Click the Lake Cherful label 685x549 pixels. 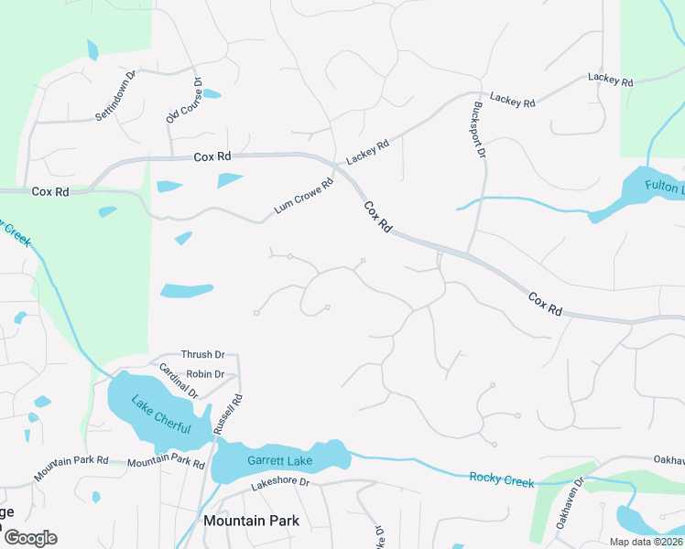pos(160,415)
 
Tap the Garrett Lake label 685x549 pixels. pos(279,461)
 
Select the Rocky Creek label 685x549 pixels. pos(501,479)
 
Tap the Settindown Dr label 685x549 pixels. pos(115,96)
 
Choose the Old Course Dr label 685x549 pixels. pos(184,100)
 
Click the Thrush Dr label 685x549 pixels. pos(202,355)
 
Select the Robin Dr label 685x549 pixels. pos(204,374)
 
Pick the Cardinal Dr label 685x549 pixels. pos(179,382)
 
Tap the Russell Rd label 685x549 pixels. pos(227,414)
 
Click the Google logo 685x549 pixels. pos(30,538)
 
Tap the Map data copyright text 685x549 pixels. pos(645,542)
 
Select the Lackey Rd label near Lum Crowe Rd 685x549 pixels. pos(367,152)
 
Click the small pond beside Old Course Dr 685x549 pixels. pos(211,93)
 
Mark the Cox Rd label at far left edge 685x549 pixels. pos(50,192)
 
